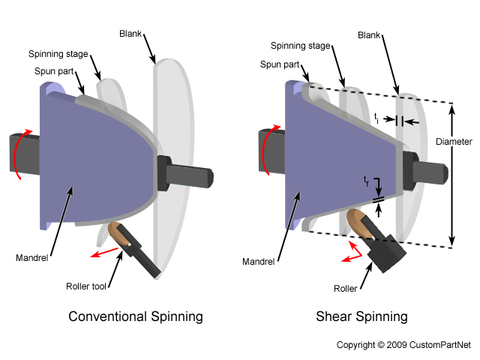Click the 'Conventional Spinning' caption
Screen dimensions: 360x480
(136, 316)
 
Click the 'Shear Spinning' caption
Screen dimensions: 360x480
(361, 316)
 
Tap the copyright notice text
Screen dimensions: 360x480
(403, 345)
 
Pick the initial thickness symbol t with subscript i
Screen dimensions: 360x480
(376, 118)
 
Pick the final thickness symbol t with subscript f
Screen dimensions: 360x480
(365, 181)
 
